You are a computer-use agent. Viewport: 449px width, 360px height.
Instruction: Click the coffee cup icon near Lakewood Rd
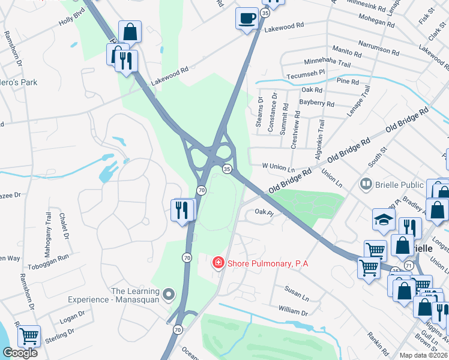pyautogui.click(x=246, y=17)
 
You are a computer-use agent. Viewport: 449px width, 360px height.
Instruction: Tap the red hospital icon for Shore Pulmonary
pyautogui.click(x=218, y=262)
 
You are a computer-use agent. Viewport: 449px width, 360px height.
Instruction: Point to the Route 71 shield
pyautogui.click(x=409, y=265)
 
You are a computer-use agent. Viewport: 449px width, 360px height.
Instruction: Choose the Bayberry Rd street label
pyautogui.click(x=317, y=104)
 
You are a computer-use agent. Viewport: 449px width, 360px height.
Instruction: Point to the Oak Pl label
pyautogui.click(x=264, y=211)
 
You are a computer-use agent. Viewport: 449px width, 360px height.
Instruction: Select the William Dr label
pyautogui.click(x=293, y=312)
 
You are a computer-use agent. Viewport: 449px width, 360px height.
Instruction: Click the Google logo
pyautogui.click(x=20, y=353)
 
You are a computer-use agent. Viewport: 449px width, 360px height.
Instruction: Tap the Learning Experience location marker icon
pyautogui.click(x=169, y=293)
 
